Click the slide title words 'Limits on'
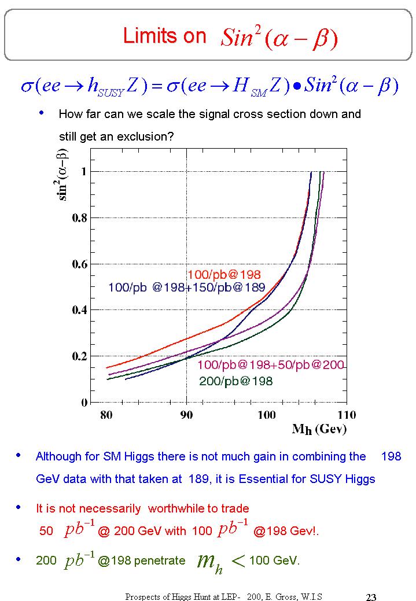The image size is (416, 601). click(x=164, y=36)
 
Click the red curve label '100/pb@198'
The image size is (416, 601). click(x=224, y=274)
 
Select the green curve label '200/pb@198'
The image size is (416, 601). click(x=235, y=381)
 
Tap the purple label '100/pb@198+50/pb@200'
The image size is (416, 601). click(x=271, y=365)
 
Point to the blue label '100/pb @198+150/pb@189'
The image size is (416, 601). click(x=186, y=287)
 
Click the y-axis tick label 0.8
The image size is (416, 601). click(x=79, y=217)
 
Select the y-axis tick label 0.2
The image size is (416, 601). click(x=79, y=356)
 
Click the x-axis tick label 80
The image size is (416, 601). click(x=106, y=415)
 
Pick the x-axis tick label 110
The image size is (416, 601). click(x=347, y=415)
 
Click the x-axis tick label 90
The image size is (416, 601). click(x=186, y=415)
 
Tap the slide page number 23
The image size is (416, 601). click(x=371, y=597)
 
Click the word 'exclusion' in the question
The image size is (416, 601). click(x=150, y=137)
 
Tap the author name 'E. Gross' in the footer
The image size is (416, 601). click(x=286, y=596)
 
